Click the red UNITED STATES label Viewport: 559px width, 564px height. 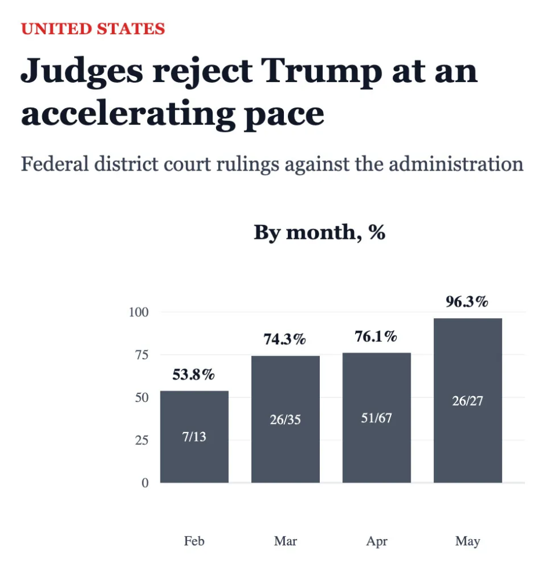(x=93, y=29)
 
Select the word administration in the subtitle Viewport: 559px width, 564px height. (x=456, y=164)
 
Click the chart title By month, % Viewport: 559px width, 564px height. (x=320, y=233)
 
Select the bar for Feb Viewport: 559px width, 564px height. (x=194, y=437)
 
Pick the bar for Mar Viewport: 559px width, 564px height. (x=285, y=419)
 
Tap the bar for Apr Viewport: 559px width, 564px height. (x=377, y=418)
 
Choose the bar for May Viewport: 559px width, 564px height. (x=467, y=400)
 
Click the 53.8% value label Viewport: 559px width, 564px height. (x=193, y=374)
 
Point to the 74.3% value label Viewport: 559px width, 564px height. (x=284, y=340)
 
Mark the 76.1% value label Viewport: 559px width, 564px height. (x=376, y=337)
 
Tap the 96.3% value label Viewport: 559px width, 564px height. (x=467, y=302)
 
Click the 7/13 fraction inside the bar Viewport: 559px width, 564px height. (x=194, y=437)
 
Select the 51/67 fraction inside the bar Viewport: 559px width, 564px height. (x=377, y=418)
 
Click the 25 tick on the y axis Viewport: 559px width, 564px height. (x=141, y=440)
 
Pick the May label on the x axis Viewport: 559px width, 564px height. (x=467, y=541)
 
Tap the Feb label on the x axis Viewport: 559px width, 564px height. (x=194, y=541)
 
